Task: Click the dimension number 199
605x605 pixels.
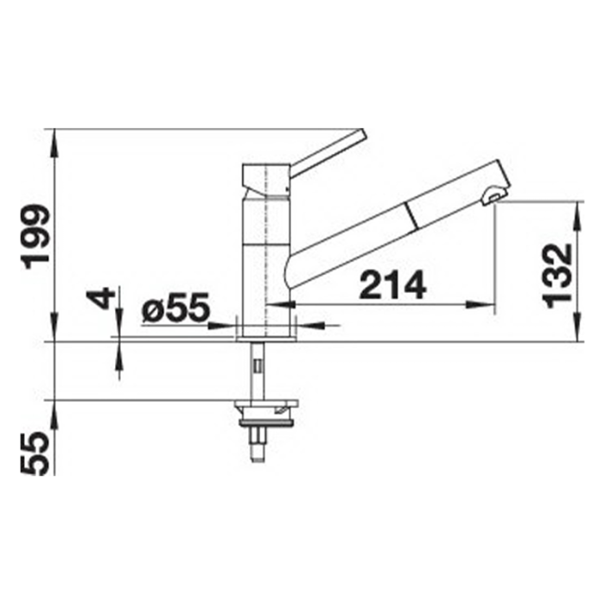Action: [x=36, y=236]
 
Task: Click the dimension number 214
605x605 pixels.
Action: [x=392, y=284]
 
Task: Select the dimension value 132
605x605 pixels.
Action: [x=557, y=276]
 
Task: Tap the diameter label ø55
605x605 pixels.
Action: [x=175, y=307]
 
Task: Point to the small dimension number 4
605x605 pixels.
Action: [x=101, y=298]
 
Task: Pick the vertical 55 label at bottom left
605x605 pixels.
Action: [x=35, y=453]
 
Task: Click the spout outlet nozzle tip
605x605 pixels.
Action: [x=494, y=196]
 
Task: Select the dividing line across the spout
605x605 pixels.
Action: [x=411, y=215]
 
